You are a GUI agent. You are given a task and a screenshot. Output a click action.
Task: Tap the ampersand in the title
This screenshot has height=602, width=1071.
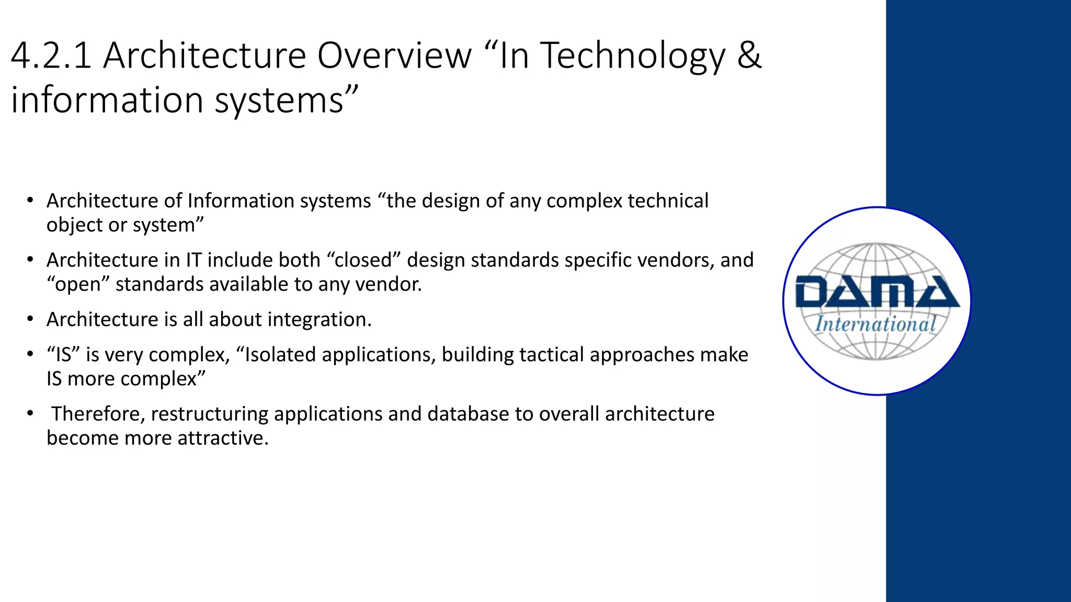749,55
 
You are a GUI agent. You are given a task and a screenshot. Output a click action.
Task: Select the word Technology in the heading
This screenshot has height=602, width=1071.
632,56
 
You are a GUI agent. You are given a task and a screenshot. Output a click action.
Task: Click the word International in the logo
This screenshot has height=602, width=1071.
875,324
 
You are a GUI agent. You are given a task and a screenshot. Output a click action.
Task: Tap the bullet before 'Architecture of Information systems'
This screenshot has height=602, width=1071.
30,201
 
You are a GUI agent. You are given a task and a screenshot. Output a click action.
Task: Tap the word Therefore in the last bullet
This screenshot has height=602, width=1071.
98,413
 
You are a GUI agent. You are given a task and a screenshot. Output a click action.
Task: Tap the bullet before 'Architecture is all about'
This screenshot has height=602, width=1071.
30,319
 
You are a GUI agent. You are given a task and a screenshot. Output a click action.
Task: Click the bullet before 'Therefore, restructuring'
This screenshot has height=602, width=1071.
30,413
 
